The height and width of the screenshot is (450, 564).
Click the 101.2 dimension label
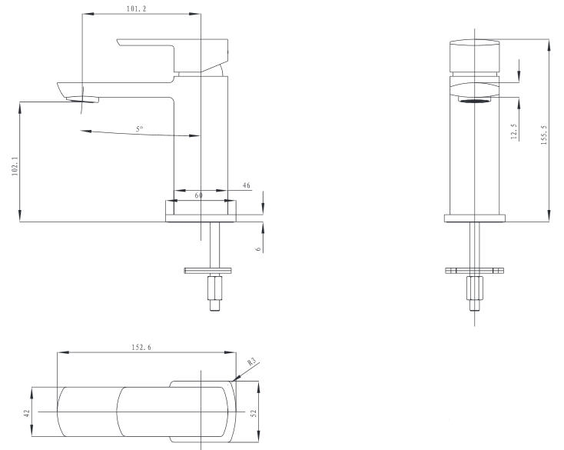(x=136, y=9)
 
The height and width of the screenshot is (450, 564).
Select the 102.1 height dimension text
(x=15, y=165)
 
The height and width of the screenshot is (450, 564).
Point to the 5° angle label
(x=140, y=129)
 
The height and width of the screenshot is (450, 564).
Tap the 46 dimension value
(x=247, y=185)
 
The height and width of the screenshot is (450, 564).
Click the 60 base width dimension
(x=198, y=195)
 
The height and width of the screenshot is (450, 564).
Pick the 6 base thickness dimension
(x=258, y=249)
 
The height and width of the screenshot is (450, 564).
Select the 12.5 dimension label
(x=514, y=132)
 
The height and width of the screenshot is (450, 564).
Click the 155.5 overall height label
(x=543, y=135)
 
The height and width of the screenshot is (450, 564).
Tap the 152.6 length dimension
(x=141, y=348)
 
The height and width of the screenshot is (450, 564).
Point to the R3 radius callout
(x=253, y=362)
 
